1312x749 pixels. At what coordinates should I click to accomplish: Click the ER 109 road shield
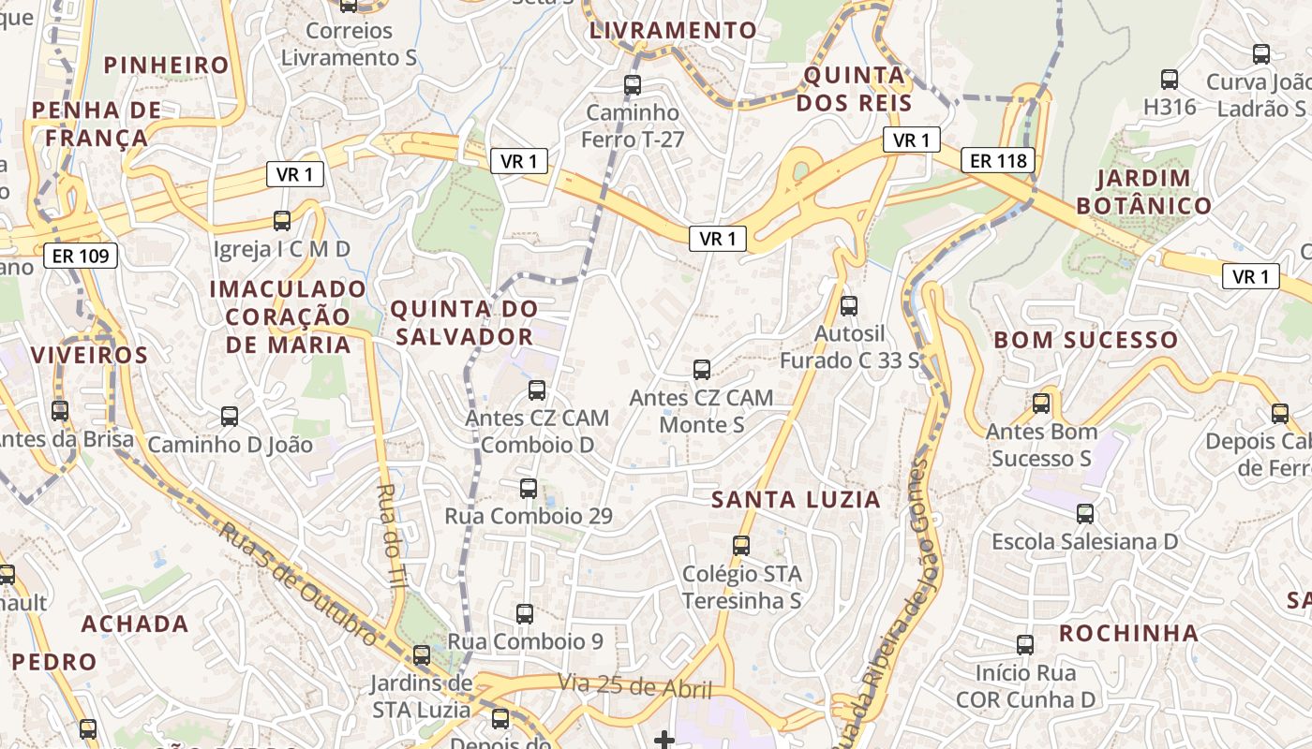[x=81, y=255]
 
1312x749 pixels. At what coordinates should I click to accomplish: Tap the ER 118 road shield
[x=999, y=161]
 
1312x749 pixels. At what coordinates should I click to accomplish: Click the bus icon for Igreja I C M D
[x=282, y=221]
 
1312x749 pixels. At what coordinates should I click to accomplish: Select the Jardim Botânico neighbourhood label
[x=1143, y=192]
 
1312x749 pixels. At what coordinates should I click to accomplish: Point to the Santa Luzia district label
[x=796, y=500]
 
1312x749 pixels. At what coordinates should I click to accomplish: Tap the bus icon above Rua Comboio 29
[x=529, y=488]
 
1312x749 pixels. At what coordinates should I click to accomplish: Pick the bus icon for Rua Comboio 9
[x=525, y=614]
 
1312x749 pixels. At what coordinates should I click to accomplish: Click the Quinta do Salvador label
[x=464, y=322]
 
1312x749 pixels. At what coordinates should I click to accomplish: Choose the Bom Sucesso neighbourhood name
[x=1085, y=340]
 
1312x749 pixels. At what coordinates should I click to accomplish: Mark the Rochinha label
[x=1128, y=633]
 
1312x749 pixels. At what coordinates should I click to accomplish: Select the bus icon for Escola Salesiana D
[x=1085, y=513]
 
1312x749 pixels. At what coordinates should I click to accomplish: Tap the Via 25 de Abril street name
[x=635, y=686]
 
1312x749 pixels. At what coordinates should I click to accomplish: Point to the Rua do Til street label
[x=392, y=535]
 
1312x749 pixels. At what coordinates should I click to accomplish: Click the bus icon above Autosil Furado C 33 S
[x=849, y=305]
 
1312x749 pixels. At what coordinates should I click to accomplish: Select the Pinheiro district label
[x=167, y=65]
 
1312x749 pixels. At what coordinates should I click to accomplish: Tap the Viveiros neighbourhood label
[x=89, y=355]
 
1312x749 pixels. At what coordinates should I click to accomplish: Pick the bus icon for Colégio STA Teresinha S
[x=741, y=545]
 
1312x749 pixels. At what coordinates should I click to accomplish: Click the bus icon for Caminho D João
[x=230, y=416]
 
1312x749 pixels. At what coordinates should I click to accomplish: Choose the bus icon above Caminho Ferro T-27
[x=633, y=85]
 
